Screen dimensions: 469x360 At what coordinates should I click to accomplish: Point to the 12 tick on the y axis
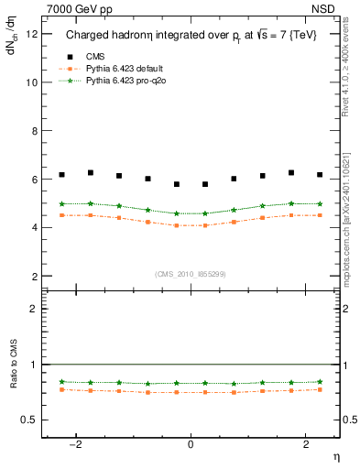click(x=34, y=34)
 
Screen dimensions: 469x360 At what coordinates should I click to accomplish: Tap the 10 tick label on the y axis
click(x=34, y=82)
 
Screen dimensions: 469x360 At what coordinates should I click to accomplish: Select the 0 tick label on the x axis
click(x=191, y=444)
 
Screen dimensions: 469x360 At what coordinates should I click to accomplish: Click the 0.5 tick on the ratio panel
click(x=32, y=420)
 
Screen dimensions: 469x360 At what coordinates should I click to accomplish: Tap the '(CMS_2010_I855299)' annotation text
click(x=191, y=274)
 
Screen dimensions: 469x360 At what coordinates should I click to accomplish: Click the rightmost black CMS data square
click(x=320, y=174)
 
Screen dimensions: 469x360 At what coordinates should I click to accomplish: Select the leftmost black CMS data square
click(x=61, y=174)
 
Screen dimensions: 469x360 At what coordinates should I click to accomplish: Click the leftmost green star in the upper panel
click(x=61, y=203)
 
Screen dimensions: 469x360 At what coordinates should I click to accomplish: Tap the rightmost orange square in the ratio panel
click(x=320, y=389)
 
